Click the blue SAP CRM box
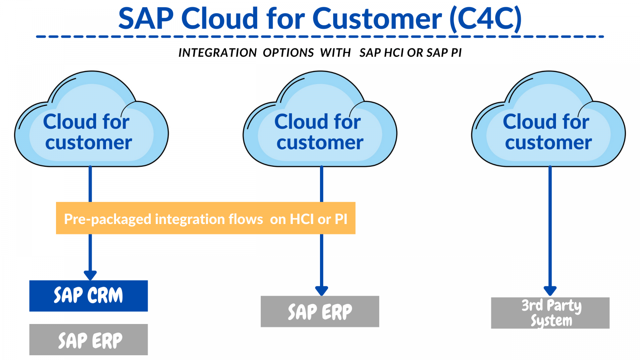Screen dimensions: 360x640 88,296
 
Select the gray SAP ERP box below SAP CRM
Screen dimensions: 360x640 88,340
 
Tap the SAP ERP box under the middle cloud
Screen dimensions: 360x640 320,312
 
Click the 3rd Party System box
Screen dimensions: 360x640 550,313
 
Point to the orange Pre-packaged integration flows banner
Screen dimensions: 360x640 206,218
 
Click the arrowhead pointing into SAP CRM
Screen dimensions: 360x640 90,275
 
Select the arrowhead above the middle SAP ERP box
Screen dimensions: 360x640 322,291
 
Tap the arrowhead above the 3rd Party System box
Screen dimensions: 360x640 550,291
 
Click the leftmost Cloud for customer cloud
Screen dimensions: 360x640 91,120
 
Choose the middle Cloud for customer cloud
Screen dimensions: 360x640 320,120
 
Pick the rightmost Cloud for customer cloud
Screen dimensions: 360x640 548,120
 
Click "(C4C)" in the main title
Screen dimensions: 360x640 486,18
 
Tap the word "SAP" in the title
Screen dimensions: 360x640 146,18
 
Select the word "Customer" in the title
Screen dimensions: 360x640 377,18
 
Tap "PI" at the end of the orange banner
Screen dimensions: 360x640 341,219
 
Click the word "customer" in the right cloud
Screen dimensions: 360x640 548,142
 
